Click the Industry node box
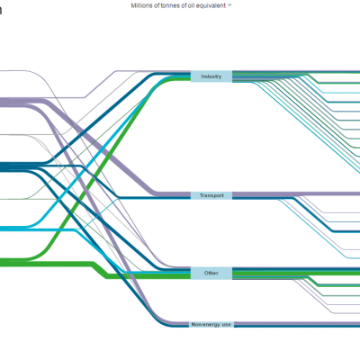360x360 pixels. pyautogui.click(x=211, y=76)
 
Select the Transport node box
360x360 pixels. pyautogui.click(x=211, y=195)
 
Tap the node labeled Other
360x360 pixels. pyautogui.click(x=211, y=274)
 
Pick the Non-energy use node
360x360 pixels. pyautogui.click(x=211, y=325)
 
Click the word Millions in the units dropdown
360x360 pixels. pyautogui.click(x=141, y=5)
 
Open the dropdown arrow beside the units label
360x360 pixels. pyautogui.click(x=229, y=5)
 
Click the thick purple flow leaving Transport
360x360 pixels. pyautogui.click(x=296, y=194)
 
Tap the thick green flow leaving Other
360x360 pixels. pyautogui.click(x=296, y=274)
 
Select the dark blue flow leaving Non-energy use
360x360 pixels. pyautogui.click(x=297, y=326)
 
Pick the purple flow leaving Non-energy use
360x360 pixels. pyautogui.click(x=297, y=323)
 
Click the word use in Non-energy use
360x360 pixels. pyautogui.click(x=227, y=325)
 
